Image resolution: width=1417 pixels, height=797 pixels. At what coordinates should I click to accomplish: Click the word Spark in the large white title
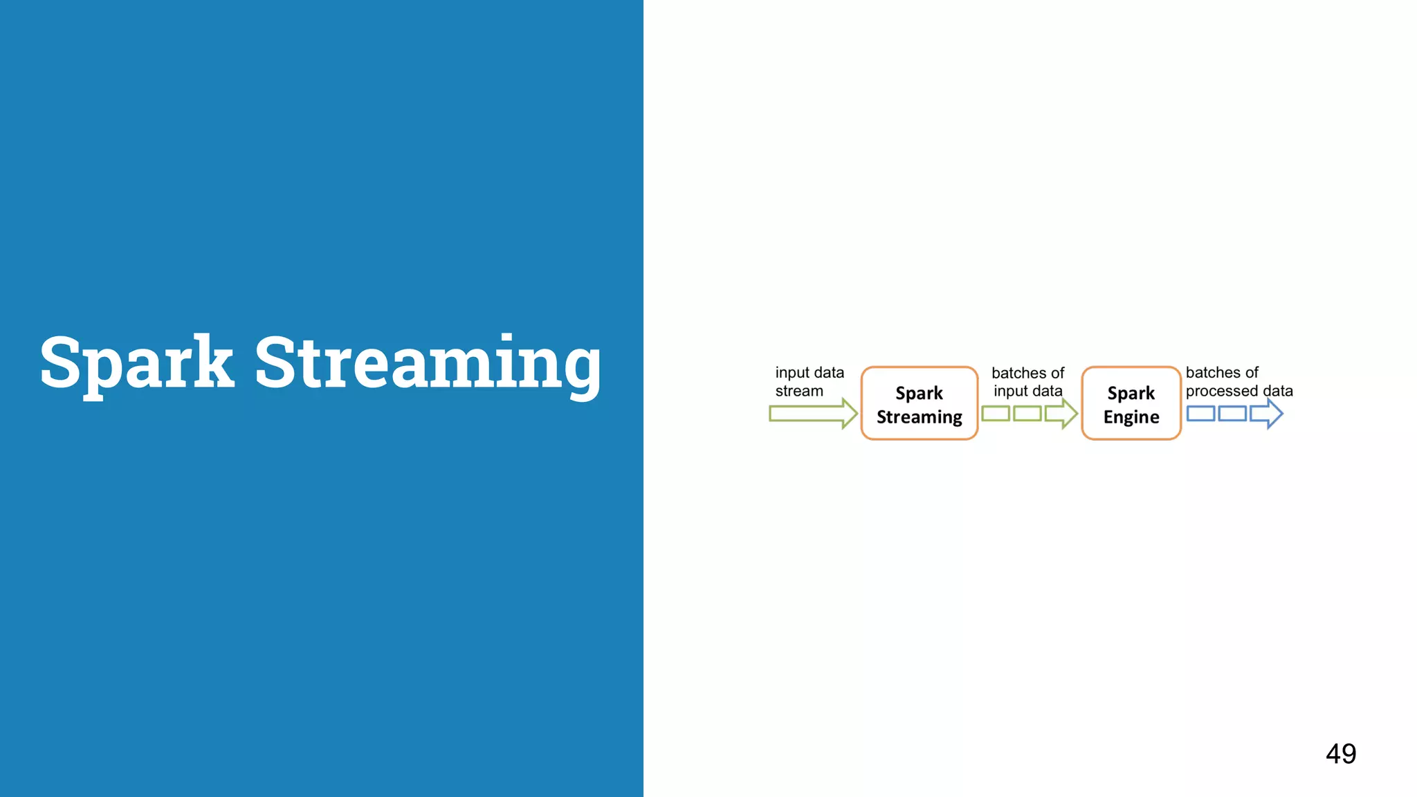point(136,363)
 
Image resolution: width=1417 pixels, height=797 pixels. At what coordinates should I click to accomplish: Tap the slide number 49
point(1340,753)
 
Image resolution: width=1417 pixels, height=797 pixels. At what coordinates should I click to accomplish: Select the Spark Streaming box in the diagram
point(919,403)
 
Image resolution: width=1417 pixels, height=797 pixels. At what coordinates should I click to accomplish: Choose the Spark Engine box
point(1131,403)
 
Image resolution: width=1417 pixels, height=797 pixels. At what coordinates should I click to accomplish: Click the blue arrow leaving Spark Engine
point(1267,414)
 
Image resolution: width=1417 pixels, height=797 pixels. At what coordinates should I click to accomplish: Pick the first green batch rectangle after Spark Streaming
point(995,414)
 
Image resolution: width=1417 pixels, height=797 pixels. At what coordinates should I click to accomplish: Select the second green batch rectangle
point(1027,414)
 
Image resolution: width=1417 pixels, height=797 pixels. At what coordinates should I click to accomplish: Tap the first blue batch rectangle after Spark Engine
point(1200,414)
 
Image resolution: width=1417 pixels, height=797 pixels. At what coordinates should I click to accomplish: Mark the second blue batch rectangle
point(1232,414)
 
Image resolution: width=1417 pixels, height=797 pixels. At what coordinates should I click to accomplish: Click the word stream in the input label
point(799,391)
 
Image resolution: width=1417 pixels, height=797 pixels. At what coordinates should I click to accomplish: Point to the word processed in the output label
point(1221,391)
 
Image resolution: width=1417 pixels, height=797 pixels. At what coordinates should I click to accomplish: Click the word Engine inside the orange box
point(1131,417)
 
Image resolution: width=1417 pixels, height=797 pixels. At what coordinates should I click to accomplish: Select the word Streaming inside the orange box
point(919,417)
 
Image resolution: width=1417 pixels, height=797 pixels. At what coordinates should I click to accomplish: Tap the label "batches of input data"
point(1027,382)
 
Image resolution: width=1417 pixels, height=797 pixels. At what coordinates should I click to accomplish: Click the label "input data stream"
point(809,381)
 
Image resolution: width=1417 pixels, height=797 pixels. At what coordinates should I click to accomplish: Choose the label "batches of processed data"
point(1238,381)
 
